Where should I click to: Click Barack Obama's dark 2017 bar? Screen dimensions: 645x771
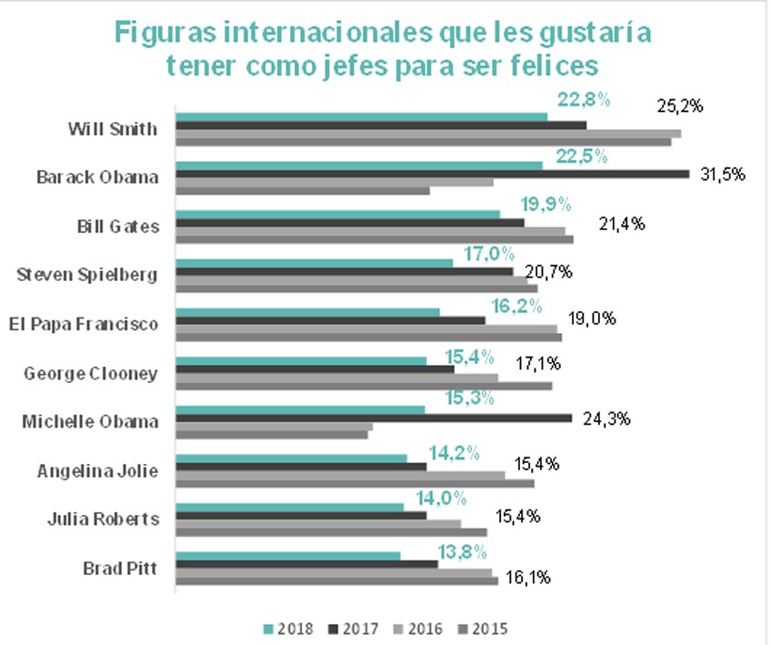tap(432, 173)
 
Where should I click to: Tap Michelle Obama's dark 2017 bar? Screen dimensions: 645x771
tap(373, 418)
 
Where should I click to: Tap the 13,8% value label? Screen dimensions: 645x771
tap(461, 551)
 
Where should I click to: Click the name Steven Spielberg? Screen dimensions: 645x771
tap(88, 274)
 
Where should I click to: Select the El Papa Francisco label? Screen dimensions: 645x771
tap(83, 323)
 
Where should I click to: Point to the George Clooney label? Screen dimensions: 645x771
tap(91, 372)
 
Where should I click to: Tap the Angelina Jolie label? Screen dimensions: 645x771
tap(98, 470)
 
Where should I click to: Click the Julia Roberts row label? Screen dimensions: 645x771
tap(103, 519)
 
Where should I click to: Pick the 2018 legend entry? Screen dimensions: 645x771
tap(290, 629)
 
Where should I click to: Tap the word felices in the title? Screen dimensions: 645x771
tap(553, 66)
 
